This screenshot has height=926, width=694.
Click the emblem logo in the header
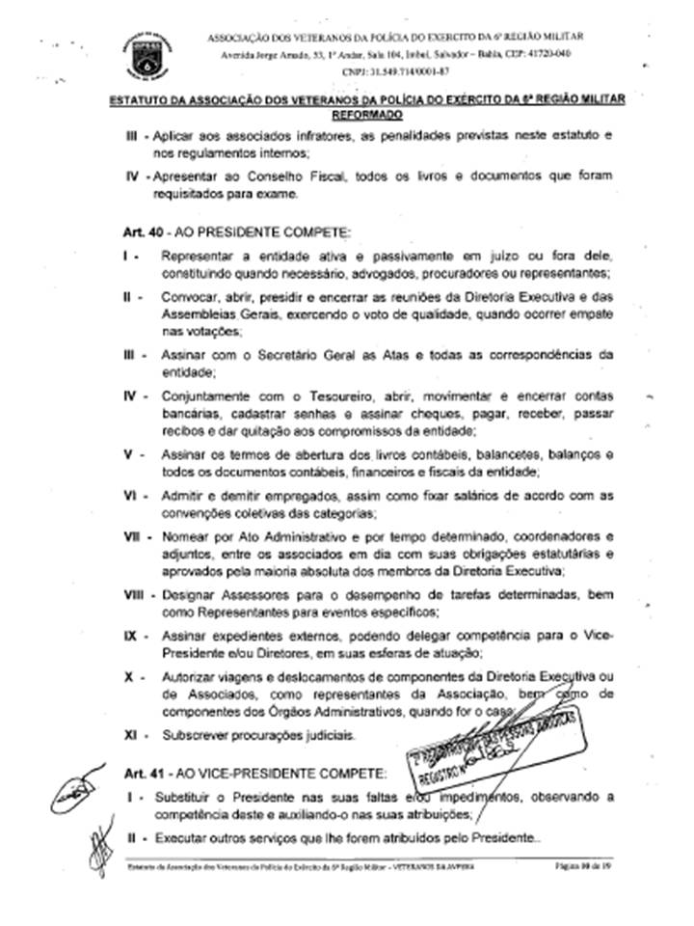(x=146, y=53)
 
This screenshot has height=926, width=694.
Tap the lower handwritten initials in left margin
(x=97, y=849)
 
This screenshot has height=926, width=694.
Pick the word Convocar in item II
(x=190, y=296)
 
